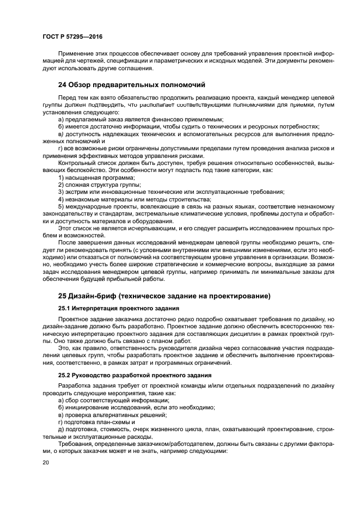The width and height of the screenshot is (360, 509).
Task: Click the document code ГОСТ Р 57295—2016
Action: tap(72, 36)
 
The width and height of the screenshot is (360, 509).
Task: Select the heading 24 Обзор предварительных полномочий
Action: tap(131, 84)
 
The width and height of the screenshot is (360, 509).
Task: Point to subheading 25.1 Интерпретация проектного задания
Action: tap(111, 308)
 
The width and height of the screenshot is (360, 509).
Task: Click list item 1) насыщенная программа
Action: tap(96, 178)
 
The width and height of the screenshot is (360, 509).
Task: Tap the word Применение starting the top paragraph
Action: tap(75, 54)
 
